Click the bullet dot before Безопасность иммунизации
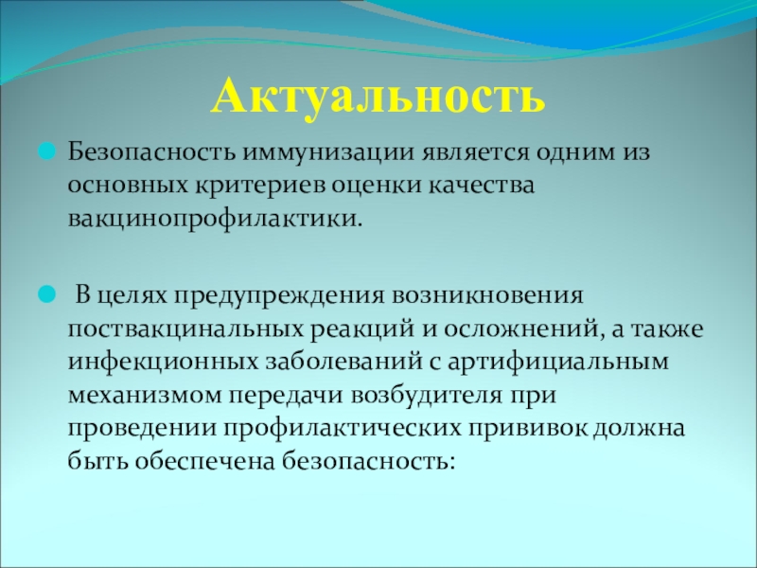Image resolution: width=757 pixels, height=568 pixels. (47, 152)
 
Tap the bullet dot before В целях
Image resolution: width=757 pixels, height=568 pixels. (47, 294)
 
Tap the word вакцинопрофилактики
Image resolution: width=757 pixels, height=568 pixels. (215, 220)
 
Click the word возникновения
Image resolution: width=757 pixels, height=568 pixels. (487, 296)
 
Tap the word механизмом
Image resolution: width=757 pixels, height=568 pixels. (145, 396)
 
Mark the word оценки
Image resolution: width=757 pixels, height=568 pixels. (370, 186)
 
